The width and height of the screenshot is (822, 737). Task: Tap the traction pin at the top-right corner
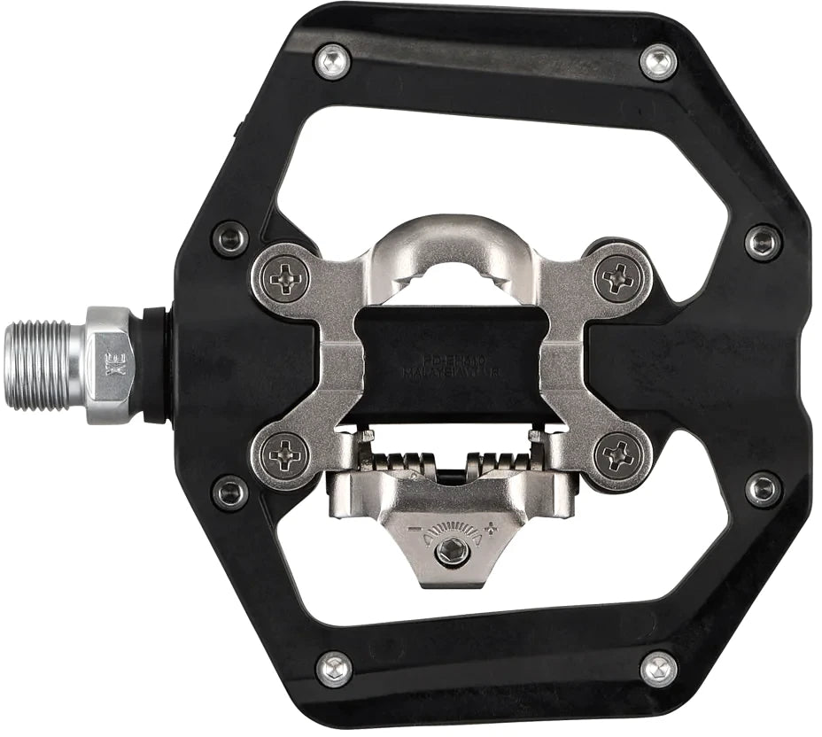[x=658, y=61]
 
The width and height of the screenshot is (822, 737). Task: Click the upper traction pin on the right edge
[x=762, y=241]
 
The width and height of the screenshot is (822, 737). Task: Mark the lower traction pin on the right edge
[x=762, y=489]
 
